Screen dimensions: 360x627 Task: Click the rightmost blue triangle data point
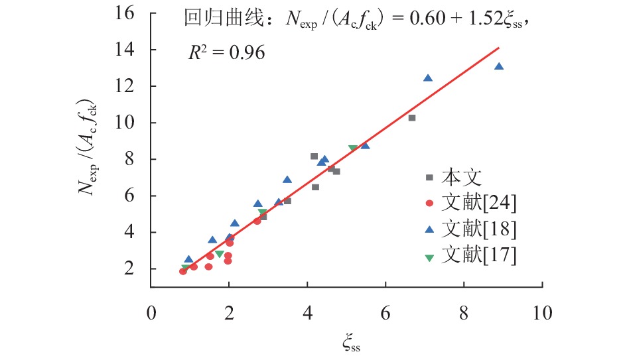(499, 66)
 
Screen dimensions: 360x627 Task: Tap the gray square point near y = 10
(412, 117)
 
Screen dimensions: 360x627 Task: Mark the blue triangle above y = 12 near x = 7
(428, 78)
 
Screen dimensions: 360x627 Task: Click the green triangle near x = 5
(352, 149)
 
